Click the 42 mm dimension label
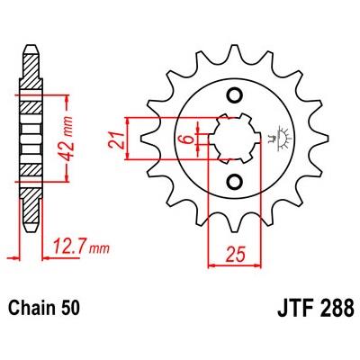67,139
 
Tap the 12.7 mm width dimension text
81,247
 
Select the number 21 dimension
116,139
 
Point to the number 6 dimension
188,139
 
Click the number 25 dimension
236,255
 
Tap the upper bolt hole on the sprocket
234,95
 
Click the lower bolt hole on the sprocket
234,182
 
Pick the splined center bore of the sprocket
235,139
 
